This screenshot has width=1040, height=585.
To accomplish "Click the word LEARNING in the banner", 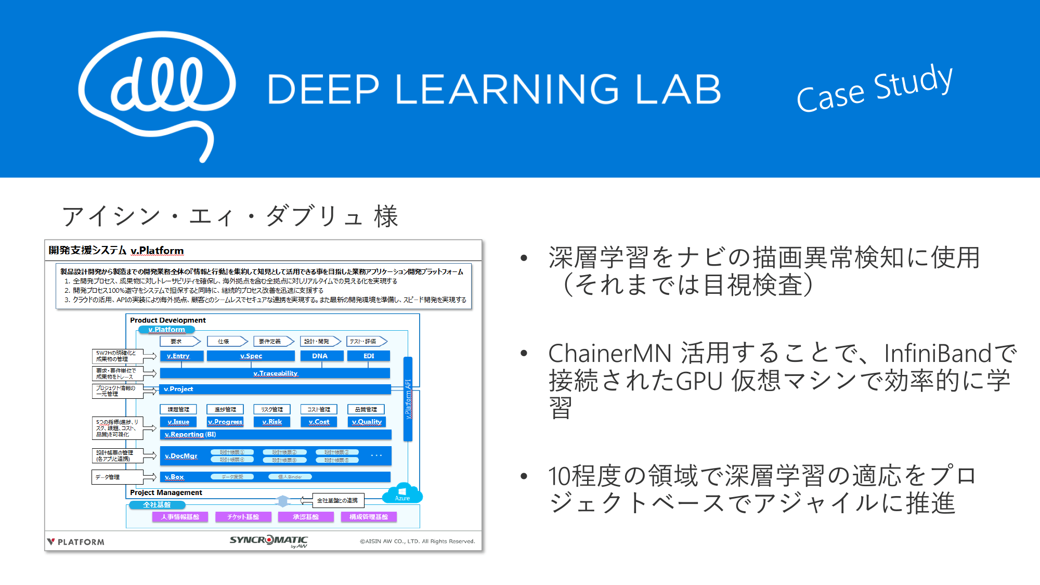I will (507, 89).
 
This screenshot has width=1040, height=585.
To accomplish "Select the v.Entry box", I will (178, 356).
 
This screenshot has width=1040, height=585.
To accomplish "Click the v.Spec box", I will (251, 356).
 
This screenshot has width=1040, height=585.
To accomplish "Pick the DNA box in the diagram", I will (320, 356).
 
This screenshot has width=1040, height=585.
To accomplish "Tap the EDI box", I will (369, 356).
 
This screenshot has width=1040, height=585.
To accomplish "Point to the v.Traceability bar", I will (275, 373).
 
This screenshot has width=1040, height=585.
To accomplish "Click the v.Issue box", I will (178, 422).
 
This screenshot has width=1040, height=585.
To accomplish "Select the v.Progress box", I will (225, 422).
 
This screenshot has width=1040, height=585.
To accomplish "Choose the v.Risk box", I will (272, 422).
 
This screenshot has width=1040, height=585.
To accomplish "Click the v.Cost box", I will (319, 422).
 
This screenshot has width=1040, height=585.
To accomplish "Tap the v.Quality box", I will (367, 422).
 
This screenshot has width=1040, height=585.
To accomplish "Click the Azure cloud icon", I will (402, 493).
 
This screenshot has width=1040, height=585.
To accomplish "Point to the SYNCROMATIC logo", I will (269, 541).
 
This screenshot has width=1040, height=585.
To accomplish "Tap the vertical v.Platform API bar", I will (408, 399).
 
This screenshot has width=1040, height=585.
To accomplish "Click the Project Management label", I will (166, 492).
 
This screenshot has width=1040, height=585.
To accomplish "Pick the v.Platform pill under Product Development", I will (166, 330).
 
